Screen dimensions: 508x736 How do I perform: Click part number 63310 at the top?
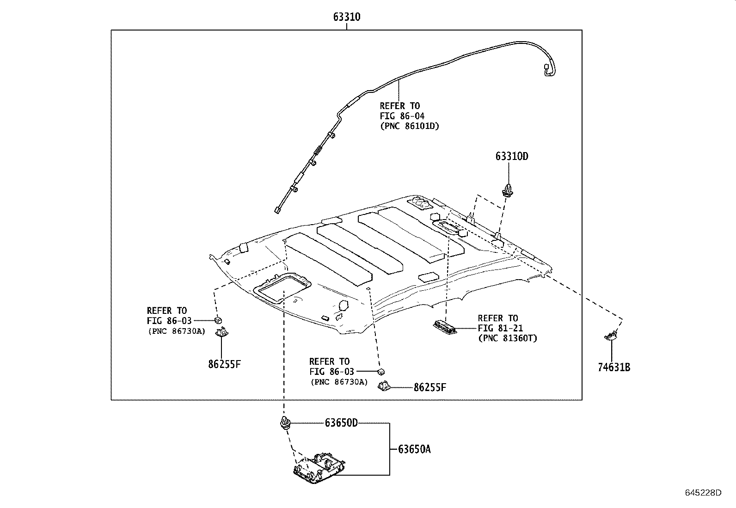pos(347,17)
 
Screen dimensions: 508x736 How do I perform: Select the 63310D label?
pos(512,156)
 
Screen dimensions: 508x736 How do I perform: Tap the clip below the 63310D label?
pos(508,190)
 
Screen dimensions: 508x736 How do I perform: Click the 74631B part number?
pos(614,367)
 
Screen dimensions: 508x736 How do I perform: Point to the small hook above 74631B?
pos(611,336)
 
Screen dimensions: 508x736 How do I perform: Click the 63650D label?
pos(341,422)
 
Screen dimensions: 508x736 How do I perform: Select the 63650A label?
pos(414,449)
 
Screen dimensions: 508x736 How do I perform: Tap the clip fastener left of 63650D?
pos(285,423)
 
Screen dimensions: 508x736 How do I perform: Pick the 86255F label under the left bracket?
pos(224,364)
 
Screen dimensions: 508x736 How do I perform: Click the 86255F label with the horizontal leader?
pos(430,387)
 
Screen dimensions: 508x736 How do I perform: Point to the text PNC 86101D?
pos(409,126)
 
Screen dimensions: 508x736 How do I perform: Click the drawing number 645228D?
pos(703,492)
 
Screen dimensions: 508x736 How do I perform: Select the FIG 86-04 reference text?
pos(402,116)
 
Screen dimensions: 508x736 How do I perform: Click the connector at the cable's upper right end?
pos(547,70)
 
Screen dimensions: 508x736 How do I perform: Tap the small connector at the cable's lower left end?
pos(277,210)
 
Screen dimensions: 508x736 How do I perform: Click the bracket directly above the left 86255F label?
pos(222,332)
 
